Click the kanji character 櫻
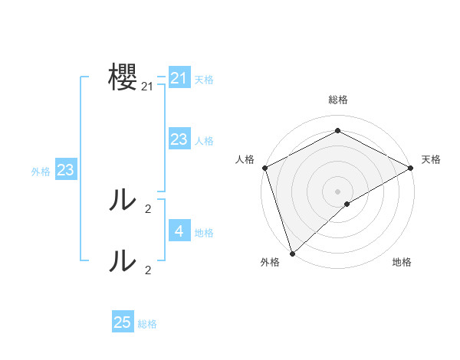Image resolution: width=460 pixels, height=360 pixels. pos(123,78)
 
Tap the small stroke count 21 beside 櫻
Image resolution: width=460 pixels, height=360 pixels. pos(147,87)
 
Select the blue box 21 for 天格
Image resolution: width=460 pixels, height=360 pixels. pos(179,78)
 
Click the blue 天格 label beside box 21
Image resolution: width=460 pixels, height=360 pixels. pos(204,79)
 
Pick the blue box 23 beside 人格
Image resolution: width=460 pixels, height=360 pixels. pos(179,139)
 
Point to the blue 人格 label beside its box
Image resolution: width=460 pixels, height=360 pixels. pos(204,140)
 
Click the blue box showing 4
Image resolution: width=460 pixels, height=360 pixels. pos(179,231)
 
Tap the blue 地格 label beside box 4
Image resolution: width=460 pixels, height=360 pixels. pos(204,232)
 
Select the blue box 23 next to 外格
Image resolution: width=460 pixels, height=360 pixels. pos(65,170)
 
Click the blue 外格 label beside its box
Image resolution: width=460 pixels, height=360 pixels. pos(41,172)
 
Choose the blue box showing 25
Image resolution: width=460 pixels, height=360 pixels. pos(123,322)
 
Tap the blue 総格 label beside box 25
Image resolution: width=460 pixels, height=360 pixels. pos(147,324)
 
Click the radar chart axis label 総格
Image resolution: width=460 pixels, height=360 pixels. pos(337,100)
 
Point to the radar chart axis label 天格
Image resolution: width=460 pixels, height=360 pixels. pos(431,159)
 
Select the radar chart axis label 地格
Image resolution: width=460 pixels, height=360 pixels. pos(402,262)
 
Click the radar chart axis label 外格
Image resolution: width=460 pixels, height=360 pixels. pos(270,262)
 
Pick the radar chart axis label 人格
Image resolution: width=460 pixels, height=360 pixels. pos(245,159)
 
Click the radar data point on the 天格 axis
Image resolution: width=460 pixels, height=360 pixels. pos(411,167)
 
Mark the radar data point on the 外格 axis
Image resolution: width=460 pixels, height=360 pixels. pos(292,253)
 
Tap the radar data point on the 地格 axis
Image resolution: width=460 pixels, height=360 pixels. pos(347,204)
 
